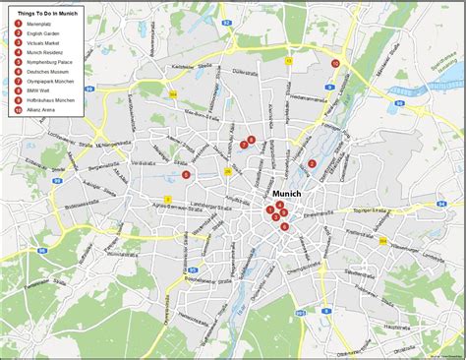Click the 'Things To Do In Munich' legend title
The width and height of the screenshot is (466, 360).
(x=47, y=13)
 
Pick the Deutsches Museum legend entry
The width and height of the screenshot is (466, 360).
(x=48, y=71)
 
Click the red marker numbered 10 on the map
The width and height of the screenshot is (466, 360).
(x=335, y=63)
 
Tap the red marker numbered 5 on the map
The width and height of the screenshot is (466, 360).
(x=186, y=175)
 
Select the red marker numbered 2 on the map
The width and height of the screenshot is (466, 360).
(x=313, y=164)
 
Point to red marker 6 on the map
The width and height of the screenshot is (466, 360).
(x=285, y=227)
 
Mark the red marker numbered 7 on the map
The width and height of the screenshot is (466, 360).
(x=243, y=145)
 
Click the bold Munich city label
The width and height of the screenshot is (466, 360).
(x=287, y=193)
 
